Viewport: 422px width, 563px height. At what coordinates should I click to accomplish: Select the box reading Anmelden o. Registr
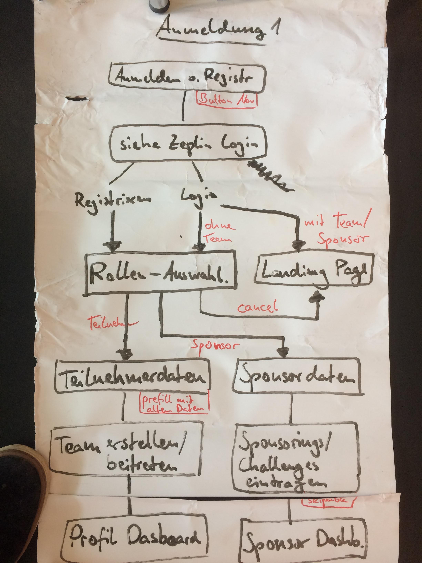186,78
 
